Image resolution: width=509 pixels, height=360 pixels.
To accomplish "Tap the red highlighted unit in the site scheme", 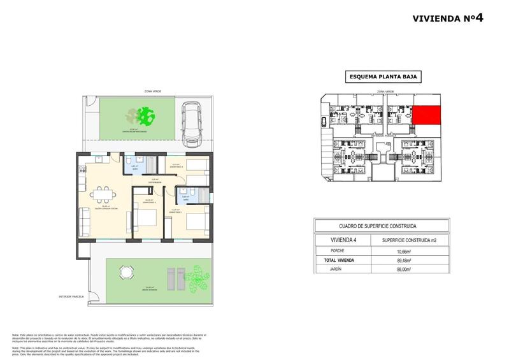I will click(x=426, y=115).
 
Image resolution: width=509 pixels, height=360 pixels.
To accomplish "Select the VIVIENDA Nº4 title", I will click(x=448, y=18).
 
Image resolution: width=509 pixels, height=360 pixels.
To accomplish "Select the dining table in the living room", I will click(x=103, y=192).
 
